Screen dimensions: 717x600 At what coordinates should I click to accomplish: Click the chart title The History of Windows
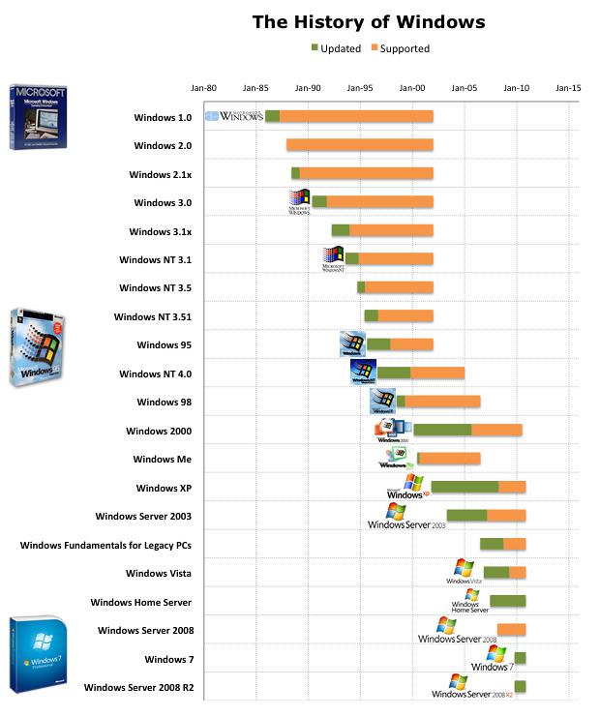(x=369, y=21)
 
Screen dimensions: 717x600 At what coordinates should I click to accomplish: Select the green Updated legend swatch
(x=315, y=48)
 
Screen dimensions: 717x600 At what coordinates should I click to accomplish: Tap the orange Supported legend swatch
(x=374, y=48)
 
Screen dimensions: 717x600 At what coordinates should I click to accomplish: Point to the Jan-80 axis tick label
(x=203, y=88)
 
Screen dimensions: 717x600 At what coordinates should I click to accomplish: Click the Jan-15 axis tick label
(x=568, y=88)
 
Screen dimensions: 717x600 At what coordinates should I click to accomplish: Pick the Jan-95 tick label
(x=360, y=88)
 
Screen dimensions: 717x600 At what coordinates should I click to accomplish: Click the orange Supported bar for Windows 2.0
(x=360, y=145)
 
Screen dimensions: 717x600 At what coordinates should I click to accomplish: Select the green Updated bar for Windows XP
(x=465, y=487)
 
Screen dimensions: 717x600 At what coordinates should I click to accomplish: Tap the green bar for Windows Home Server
(x=508, y=601)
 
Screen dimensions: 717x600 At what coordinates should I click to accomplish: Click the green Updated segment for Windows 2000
(x=442, y=430)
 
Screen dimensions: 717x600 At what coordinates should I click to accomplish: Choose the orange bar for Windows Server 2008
(x=512, y=630)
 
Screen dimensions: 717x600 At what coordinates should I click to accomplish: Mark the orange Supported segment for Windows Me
(x=450, y=459)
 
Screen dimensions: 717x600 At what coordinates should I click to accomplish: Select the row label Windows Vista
(x=159, y=574)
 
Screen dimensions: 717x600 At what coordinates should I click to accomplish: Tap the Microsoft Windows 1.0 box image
(x=38, y=116)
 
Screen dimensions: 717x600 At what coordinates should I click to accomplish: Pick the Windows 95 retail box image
(x=37, y=348)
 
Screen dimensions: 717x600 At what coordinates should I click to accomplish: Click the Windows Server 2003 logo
(x=406, y=517)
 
